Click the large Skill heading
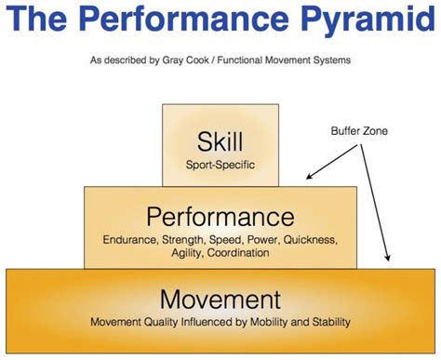220,141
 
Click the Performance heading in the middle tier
220,218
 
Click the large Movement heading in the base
220,300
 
